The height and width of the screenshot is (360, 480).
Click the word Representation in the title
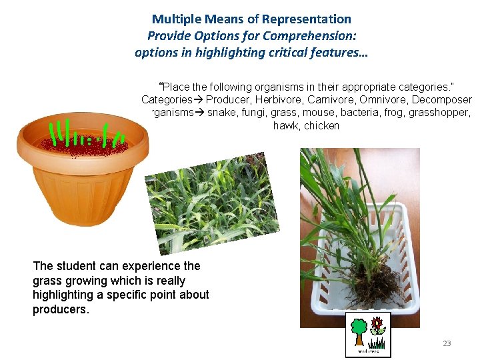(311, 19)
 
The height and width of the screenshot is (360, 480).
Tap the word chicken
(321, 125)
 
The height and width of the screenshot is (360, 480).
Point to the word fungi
(253, 113)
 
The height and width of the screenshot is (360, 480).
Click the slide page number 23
(447, 343)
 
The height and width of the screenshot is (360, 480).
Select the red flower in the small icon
(378, 324)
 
